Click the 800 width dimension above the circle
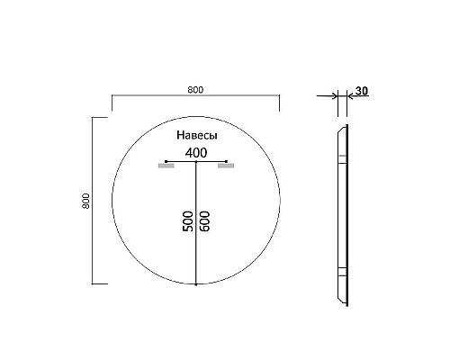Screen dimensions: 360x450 [x=195, y=89]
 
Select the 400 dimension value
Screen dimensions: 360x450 [x=195, y=152]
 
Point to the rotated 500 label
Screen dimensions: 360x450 [x=188, y=223]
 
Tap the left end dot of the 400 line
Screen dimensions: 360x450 [x=166, y=161]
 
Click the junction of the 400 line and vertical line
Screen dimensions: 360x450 [x=195, y=161]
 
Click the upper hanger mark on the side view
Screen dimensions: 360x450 [x=341, y=162]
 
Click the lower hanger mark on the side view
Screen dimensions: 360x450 [x=341, y=272]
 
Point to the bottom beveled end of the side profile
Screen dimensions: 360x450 [x=340, y=300]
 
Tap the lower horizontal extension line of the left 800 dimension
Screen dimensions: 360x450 [x=101, y=283]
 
